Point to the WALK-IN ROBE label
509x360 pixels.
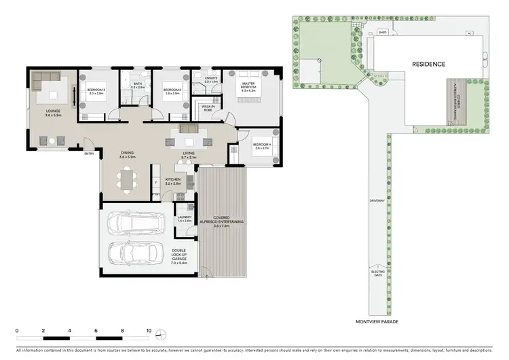click(x=208, y=107)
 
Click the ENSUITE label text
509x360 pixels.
click(x=212, y=80)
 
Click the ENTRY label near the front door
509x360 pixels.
click(x=89, y=154)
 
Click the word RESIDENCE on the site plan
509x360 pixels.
click(x=429, y=64)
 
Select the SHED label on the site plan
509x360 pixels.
click(x=383, y=32)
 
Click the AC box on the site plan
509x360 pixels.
click(x=469, y=32)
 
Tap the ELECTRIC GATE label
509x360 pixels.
click(x=378, y=273)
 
